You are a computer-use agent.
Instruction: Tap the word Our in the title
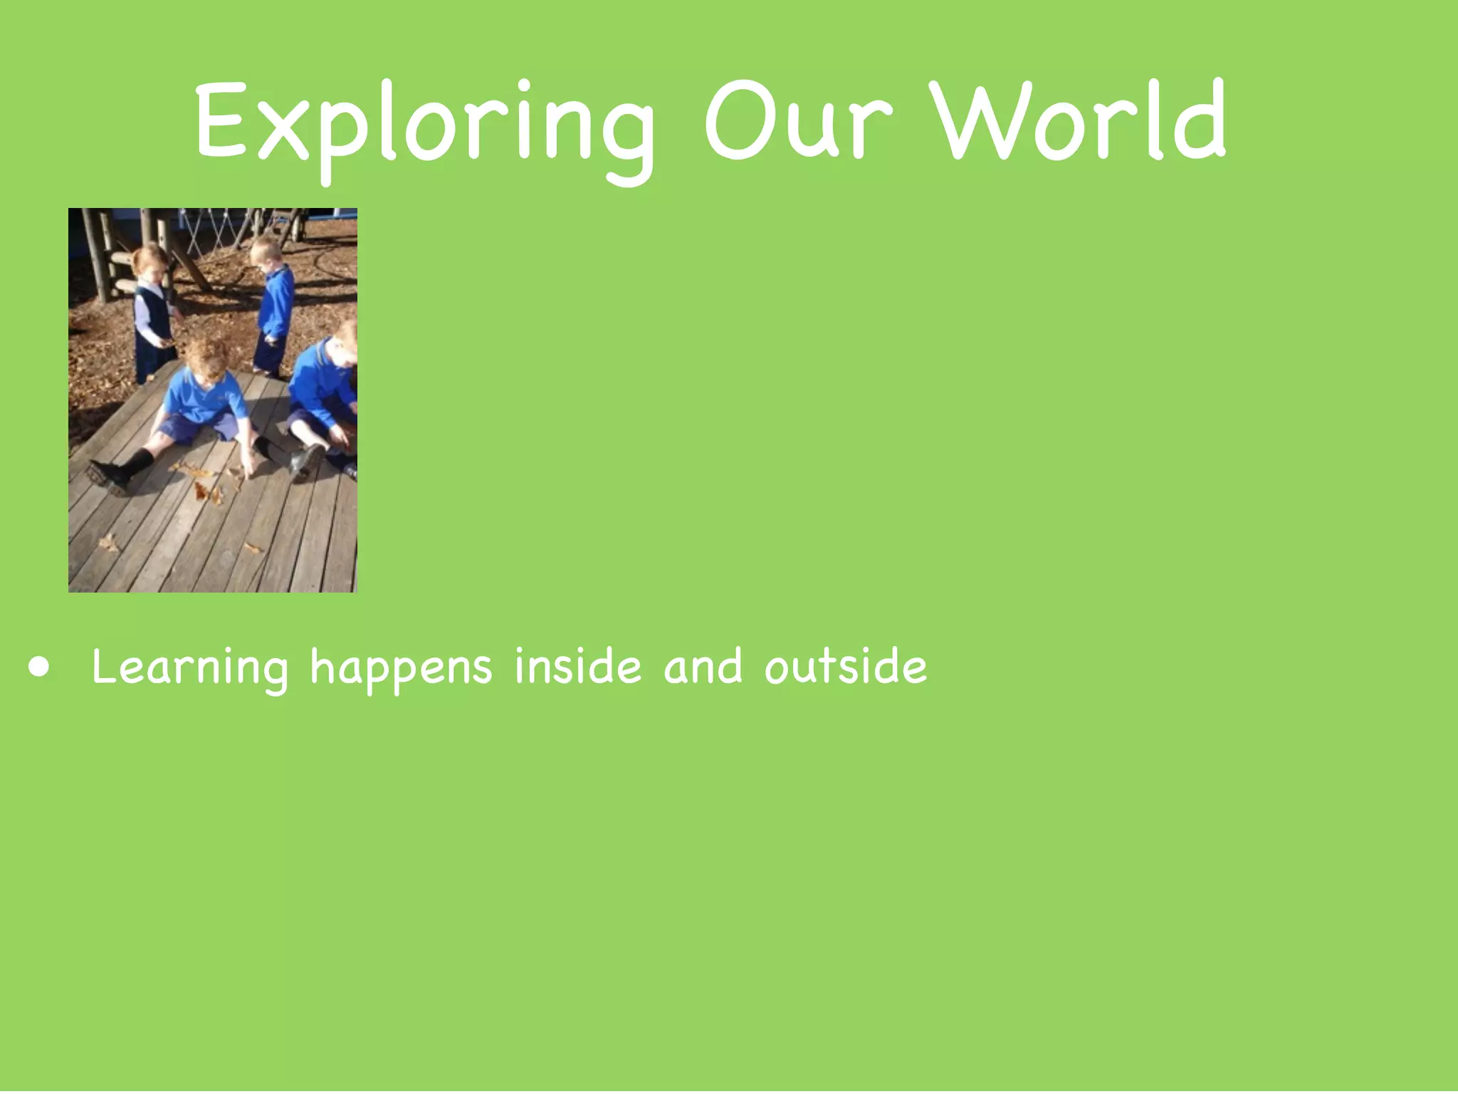(x=797, y=121)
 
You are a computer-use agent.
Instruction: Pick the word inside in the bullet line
(x=577, y=667)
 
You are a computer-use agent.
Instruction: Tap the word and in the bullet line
(x=703, y=667)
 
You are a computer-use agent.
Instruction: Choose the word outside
(x=846, y=667)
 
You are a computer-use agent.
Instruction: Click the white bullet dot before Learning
(x=40, y=667)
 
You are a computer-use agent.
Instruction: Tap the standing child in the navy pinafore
(x=152, y=313)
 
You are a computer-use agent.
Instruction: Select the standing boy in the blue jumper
(x=273, y=306)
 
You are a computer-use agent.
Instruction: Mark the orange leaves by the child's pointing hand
(x=206, y=484)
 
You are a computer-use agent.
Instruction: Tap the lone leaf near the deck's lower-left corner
(x=108, y=543)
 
